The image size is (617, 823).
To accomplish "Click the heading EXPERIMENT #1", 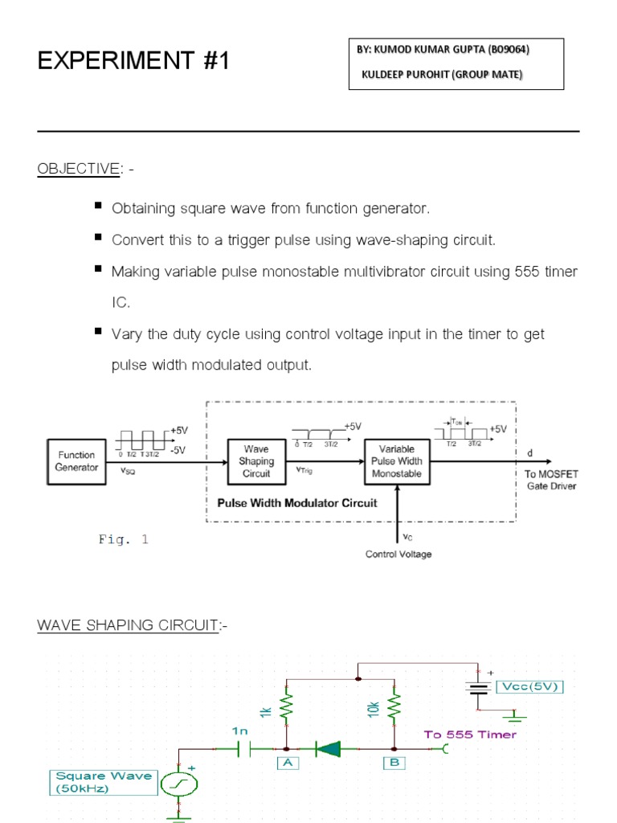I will (x=133, y=61).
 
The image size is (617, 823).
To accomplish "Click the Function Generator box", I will (x=76, y=461).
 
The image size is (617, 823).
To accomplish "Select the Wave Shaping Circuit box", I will (x=255, y=461).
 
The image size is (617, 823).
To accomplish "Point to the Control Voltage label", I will (x=398, y=555).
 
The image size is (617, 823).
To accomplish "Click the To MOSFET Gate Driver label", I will (x=550, y=480).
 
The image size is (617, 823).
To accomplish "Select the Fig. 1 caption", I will (x=123, y=540).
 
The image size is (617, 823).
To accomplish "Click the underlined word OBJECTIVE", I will (x=77, y=169).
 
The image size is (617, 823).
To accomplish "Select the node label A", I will (x=287, y=764).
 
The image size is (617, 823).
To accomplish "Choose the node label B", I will (x=394, y=764).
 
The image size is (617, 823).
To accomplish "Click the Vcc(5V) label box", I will (x=529, y=686).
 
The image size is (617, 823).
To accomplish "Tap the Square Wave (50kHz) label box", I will (x=103, y=782).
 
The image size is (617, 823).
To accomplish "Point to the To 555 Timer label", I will (x=470, y=734).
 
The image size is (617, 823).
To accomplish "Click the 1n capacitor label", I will (x=240, y=731).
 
